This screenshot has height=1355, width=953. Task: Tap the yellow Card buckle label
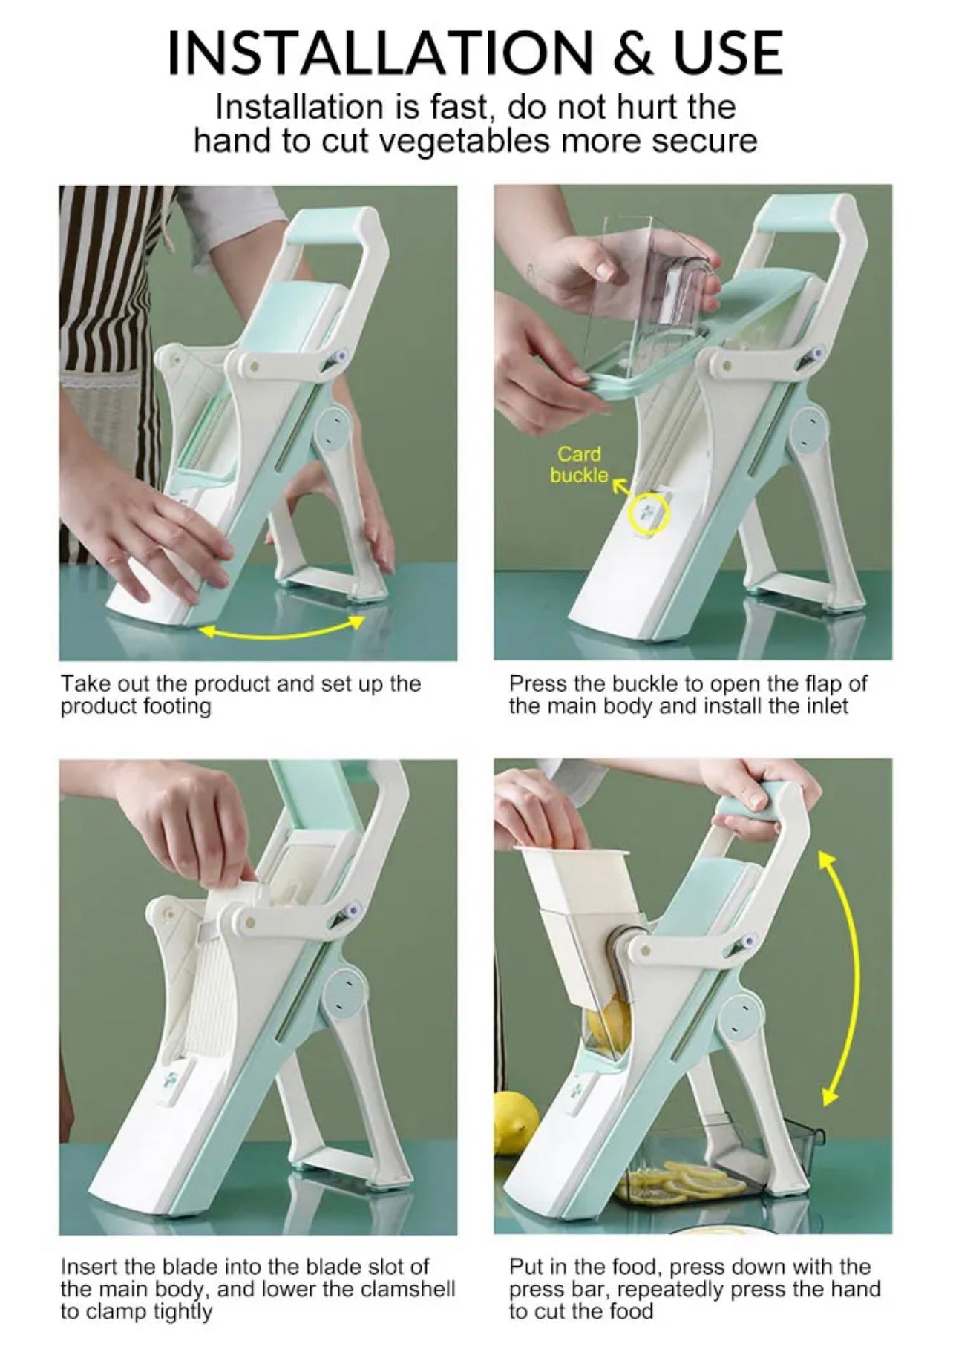[x=579, y=465]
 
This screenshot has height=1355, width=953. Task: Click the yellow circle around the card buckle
[x=649, y=514]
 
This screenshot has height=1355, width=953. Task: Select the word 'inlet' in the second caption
[x=827, y=705]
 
